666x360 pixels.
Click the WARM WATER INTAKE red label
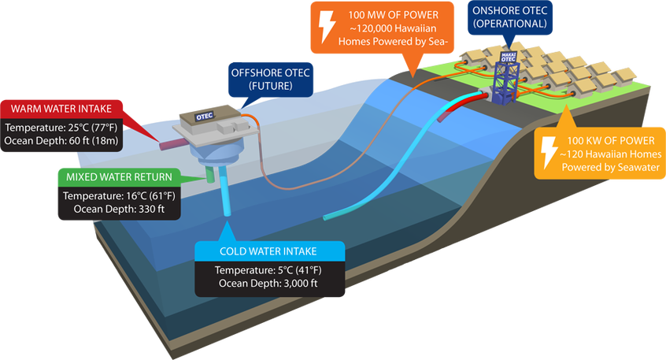pos(61,109)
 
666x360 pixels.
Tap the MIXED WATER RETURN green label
pos(119,177)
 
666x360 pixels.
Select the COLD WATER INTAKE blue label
pos(268,251)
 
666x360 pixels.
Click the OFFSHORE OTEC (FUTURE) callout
pos(271,80)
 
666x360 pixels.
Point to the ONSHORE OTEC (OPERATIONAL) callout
pos(509,17)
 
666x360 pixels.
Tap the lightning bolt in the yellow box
pos(549,153)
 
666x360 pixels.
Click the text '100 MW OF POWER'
pos(394,15)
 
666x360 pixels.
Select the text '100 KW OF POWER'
pos(611,141)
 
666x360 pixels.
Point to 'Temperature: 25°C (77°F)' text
pos(61,128)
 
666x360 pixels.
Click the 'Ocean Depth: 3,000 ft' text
pos(268,283)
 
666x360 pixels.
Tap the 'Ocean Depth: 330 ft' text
pos(119,209)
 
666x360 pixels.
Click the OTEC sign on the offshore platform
pos(205,116)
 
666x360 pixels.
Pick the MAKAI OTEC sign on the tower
pos(508,57)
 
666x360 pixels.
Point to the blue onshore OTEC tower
pos(505,79)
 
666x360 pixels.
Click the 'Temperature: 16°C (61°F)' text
pos(119,196)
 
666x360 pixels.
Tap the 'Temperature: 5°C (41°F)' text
pos(268,270)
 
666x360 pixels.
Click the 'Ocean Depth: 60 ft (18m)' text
pos(61,141)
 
